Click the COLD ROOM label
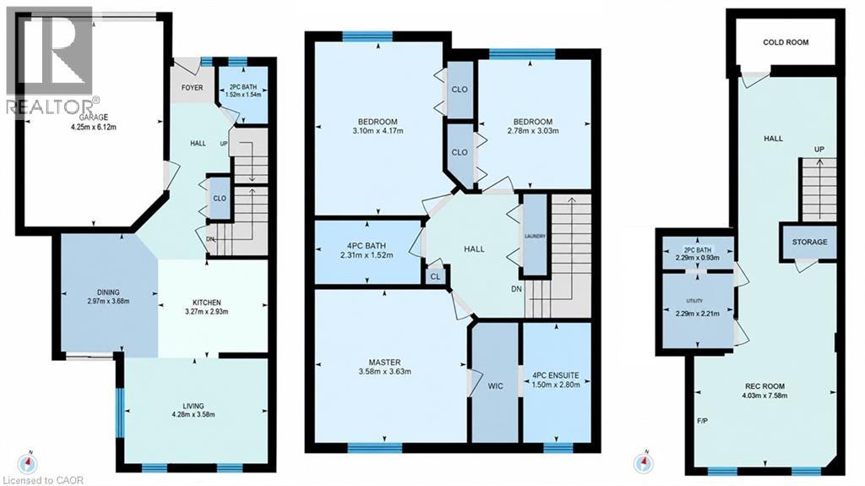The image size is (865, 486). (x=786, y=42)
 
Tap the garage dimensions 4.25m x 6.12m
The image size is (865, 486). (x=94, y=127)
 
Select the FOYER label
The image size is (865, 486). (x=193, y=87)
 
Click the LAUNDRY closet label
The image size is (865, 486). (x=535, y=237)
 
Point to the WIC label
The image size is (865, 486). (x=495, y=386)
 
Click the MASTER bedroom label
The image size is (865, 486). (x=384, y=363)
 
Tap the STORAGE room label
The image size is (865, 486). (x=810, y=242)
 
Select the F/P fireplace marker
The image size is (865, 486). (x=702, y=421)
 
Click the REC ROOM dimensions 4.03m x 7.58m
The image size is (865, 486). (x=764, y=396)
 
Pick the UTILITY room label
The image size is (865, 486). (x=694, y=301)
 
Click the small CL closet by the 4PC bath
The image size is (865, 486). (x=435, y=276)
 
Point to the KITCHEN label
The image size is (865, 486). (x=207, y=303)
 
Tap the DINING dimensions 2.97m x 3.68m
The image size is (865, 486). (x=108, y=302)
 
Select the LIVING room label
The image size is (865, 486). (x=193, y=406)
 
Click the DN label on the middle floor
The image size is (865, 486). (x=516, y=289)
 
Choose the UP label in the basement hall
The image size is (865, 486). (x=819, y=150)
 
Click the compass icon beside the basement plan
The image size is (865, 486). (x=643, y=463)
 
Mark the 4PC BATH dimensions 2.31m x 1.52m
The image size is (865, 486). (x=367, y=255)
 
